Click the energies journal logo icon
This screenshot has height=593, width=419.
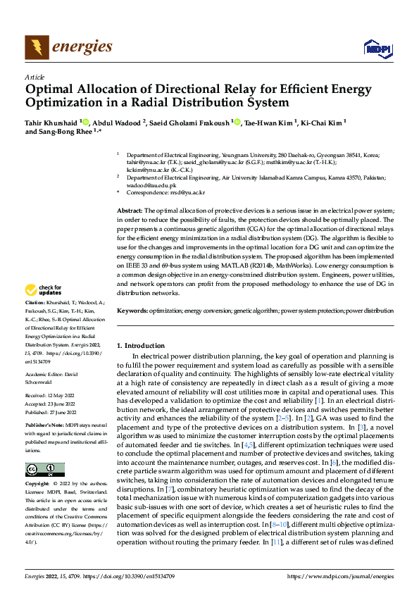(x=36, y=48)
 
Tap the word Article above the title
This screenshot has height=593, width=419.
(x=35, y=77)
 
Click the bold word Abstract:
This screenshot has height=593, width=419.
(x=130, y=211)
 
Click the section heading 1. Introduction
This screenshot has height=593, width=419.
(x=144, y=345)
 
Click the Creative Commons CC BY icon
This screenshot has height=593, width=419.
(x=44, y=470)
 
